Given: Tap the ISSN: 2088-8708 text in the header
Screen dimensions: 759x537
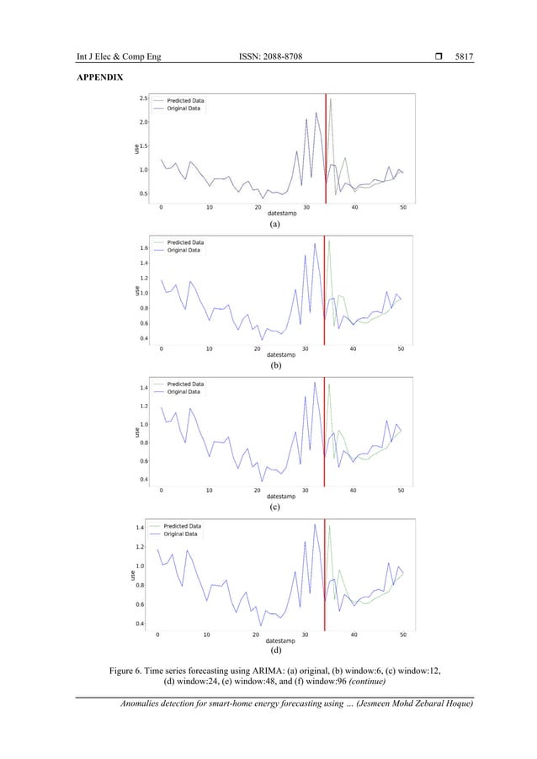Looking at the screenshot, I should (x=270, y=56).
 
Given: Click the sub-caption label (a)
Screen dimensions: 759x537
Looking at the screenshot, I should (x=274, y=226).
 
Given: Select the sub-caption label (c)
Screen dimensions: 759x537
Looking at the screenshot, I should (x=274, y=508).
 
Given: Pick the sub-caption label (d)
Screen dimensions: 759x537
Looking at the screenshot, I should (x=274, y=650).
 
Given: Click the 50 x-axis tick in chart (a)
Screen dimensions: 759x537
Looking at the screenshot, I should (x=403, y=206).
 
